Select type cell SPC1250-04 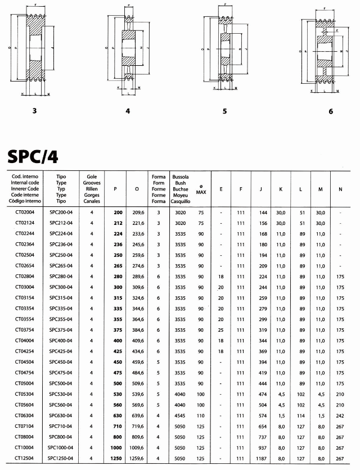[x=61, y=459]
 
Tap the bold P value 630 [x=118, y=416]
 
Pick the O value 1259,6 [x=138, y=459]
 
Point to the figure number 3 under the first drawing [x=35, y=111]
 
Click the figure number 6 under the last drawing [x=331, y=111]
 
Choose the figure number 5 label [x=224, y=111]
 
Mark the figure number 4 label [x=128, y=111]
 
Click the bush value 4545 [x=180, y=416]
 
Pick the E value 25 [x=221, y=330]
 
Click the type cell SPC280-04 [x=61, y=277]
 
